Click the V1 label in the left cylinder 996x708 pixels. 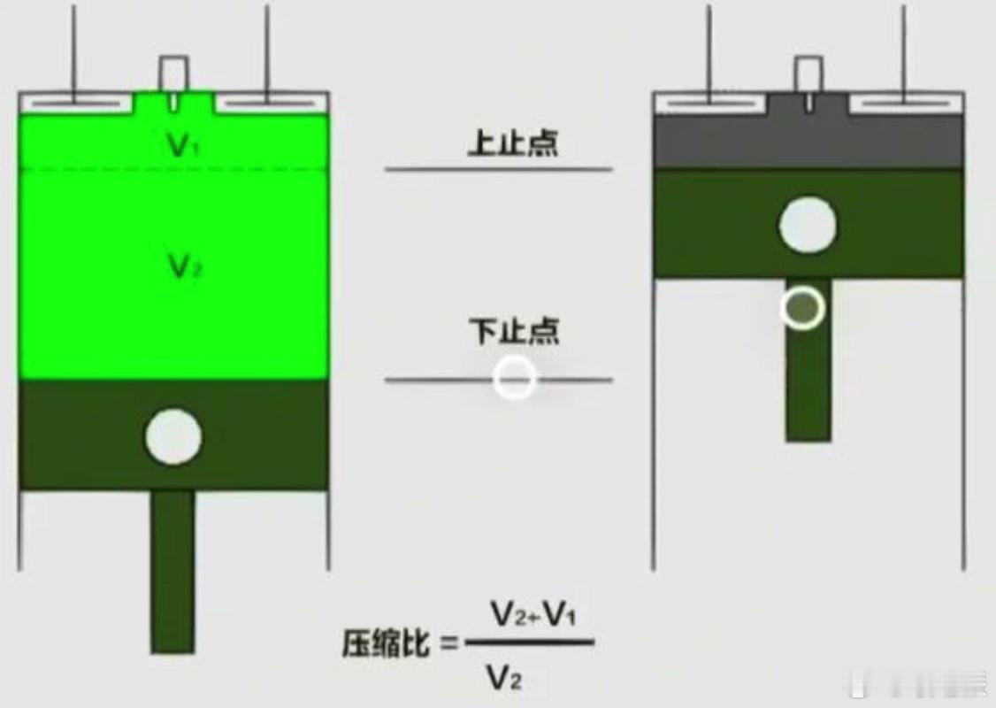tap(180, 146)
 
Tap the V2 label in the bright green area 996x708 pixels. tap(180, 265)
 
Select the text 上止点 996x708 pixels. tap(513, 143)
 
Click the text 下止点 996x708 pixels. tap(513, 331)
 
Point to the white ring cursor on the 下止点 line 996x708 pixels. tap(515, 378)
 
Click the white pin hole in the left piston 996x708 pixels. tap(173, 436)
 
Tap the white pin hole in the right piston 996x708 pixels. tap(807, 225)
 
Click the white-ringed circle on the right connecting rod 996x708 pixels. tap(803, 307)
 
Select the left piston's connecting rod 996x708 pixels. tap(172, 571)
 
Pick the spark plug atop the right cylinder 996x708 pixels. tap(808, 75)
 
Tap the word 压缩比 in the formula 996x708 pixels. tap(386, 644)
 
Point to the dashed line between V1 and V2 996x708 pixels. tap(88, 169)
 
